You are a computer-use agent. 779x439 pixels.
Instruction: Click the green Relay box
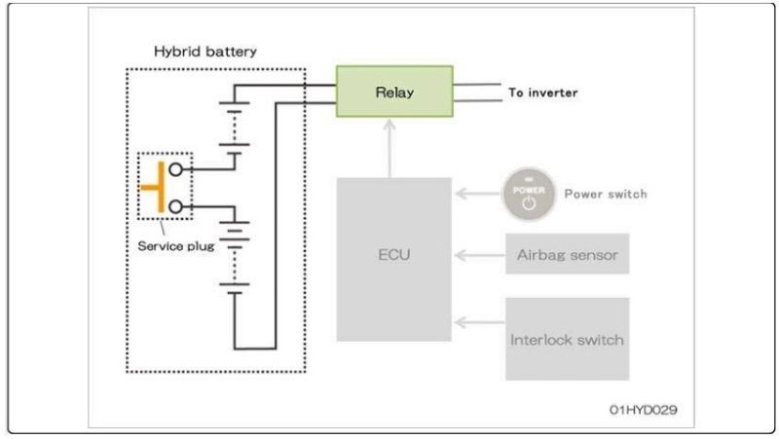[394, 91]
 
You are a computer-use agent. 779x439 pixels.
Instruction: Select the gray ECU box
[394, 259]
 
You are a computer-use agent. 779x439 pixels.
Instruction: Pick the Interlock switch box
[567, 339]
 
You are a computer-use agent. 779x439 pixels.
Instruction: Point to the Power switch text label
[606, 194]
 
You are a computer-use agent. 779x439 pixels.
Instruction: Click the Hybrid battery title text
[205, 51]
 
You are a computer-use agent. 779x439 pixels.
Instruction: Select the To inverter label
[543, 93]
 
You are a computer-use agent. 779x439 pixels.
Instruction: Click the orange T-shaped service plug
[155, 187]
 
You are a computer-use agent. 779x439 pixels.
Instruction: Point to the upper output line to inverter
[476, 85]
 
